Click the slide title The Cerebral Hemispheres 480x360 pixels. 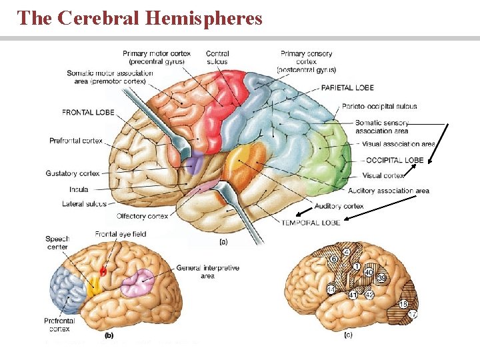click(x=140, y=18)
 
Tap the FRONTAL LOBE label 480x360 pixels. click(x=88, y=113)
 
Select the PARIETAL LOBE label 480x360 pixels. click(x=347, y=87)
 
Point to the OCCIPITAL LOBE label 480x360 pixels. click(x=395, y=160)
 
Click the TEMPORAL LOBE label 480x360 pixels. click(x=311, y=223)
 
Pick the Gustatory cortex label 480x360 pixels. click(x=73, y=173)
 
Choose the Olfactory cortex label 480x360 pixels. click(x=142, y=216)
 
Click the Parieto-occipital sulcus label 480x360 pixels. click(x=379, y=106)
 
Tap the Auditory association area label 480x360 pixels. click(x=389, y=191)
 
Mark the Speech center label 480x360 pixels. click(x=57, y=243)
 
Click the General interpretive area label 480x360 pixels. click(x=208, y=271)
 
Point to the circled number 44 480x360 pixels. click(x=331, y=290)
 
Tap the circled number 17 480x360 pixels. click(x=413, y=314)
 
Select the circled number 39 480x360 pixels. click(x=381, y=278)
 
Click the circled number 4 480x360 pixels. click(x=347, y=253)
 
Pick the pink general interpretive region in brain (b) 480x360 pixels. click(x=137, y=283)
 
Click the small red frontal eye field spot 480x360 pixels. click(x=103, y=271)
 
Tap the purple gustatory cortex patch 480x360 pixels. click(x=195, y=162)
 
